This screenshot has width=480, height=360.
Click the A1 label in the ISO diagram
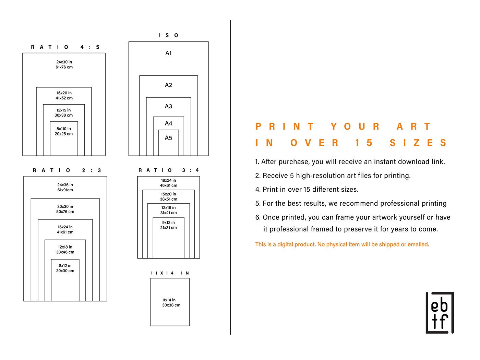click(x=168, y=53)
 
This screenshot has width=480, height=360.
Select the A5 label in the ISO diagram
click(x=168, y=138)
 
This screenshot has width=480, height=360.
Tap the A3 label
click(x=168, y=106)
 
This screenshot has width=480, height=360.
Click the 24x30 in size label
click(x=64, y=62)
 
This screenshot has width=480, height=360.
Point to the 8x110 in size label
click(x=64, y=129)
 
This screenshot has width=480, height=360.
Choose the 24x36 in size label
click(x=65, y=185)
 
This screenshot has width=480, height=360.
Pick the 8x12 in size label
click(x=65, y=266)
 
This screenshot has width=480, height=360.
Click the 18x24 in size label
click(x=168, y=180)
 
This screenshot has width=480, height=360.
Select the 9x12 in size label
click(x=168, y=223)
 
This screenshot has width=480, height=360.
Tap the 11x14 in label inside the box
click(x=169, y=300)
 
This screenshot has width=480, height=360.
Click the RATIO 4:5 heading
click(x=65, y=47)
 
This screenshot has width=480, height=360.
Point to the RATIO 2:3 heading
click(x=67, y=170)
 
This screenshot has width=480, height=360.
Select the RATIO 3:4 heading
click(x=169, y=170)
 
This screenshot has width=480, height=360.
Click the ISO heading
click(x=168, y=35)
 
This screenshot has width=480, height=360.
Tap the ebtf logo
click(x=440, y=313)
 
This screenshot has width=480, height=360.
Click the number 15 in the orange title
click(x=364, y=143)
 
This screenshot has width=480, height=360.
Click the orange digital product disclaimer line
click(x=342, y=244)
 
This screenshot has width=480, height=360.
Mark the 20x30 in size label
click(x=65, y=206)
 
